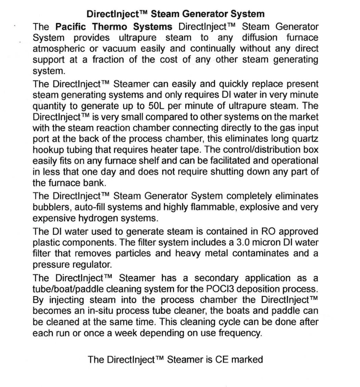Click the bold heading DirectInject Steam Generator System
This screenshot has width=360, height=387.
coord(175,15)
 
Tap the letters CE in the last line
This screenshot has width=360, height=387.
coord(222,360)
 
